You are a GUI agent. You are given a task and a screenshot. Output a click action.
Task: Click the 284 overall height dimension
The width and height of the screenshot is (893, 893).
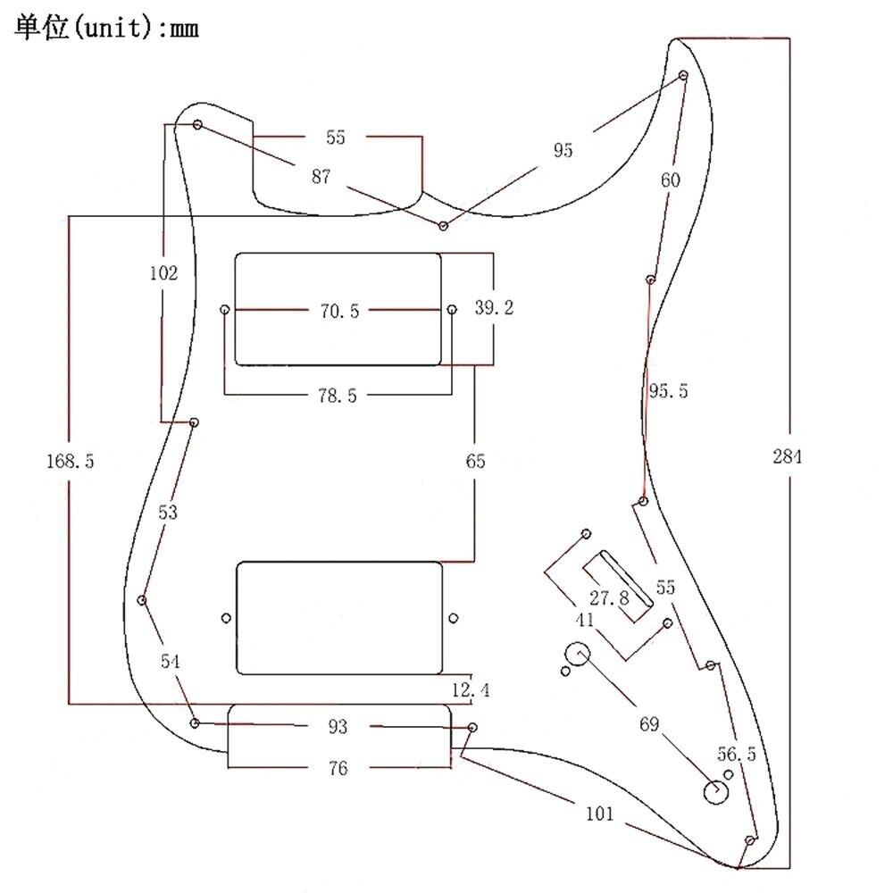(x=788, y=457)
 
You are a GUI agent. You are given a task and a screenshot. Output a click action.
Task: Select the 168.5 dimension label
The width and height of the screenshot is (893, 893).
(x=70, y=461)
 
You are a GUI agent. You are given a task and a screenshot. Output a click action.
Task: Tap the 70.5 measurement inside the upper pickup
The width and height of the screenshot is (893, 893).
(x=338, y=311)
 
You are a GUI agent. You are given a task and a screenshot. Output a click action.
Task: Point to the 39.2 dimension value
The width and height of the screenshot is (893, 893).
(x=494, y=308)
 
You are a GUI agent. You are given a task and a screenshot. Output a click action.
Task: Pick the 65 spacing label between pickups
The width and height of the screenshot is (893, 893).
(x=474, y=461)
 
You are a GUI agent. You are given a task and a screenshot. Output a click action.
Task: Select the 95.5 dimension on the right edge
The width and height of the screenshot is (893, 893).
(x=668, y=391)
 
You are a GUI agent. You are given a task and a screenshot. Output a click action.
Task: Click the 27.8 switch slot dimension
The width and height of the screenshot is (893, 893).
(x=609, y=597)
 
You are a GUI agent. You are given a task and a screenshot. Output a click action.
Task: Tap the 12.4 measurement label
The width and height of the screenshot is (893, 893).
(x=471, y=690)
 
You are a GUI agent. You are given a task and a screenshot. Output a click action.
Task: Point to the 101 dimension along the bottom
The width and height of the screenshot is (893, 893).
(x=600, y=813)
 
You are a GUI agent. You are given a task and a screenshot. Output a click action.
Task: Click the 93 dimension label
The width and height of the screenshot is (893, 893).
(x=336, y=728)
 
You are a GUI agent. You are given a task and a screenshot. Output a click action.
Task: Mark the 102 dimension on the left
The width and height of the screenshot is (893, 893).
(x=163, y=273)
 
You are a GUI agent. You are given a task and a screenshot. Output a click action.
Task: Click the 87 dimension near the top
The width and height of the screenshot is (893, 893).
(x=321, y=177)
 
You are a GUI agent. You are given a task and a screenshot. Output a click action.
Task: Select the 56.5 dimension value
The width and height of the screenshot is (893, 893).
(x=737, y=754)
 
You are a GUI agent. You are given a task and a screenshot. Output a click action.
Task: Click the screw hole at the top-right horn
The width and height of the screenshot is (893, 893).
(x=683, y=75)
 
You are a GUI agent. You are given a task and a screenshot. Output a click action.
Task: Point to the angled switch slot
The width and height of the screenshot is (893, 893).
(x=615, y=584)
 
